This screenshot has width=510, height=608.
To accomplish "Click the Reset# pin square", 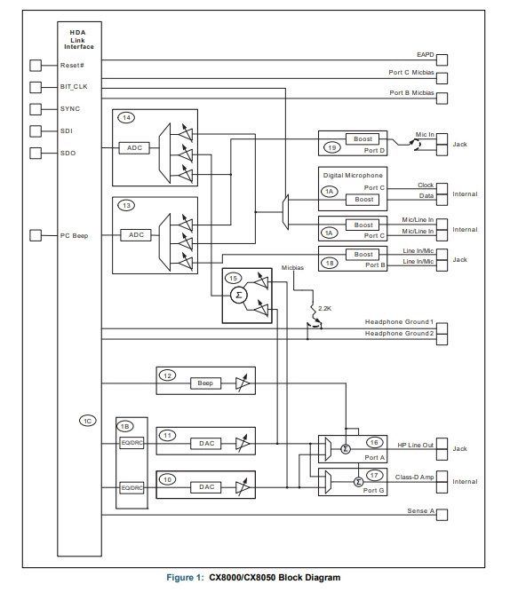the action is tap(36, 66).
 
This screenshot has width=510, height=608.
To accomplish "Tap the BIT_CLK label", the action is tap(74, 87).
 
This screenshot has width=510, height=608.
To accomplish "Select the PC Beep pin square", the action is tap(36, 235).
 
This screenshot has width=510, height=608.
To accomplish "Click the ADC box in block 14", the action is tap(134, 147).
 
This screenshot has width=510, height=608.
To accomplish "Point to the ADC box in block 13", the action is tap(136, 235).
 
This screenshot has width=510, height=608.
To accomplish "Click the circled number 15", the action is tap(233, 278).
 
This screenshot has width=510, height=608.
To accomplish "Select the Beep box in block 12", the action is tap(205, 383).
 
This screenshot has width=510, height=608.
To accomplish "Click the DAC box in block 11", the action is tap(206, 443).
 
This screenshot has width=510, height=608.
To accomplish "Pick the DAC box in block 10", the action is tap(206, 487).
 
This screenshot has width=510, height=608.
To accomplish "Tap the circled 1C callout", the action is tap(88, 421).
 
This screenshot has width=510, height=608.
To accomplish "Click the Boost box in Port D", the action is tap(363, 138).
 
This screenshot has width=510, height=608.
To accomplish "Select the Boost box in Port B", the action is tap(363, 255).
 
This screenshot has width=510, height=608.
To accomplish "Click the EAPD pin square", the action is tap(442, 60).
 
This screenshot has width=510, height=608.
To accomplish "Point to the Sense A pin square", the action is tap(442, 515).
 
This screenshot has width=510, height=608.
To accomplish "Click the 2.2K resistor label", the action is tap(324, 309).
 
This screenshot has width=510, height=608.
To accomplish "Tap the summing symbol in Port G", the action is tap(359, 482).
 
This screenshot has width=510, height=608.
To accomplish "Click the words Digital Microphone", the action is tap(353, 175).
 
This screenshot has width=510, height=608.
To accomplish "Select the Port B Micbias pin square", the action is tap(442, 99).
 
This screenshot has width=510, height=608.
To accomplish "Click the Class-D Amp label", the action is tap(415, 477).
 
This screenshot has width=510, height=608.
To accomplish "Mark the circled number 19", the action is tap(332, 147).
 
